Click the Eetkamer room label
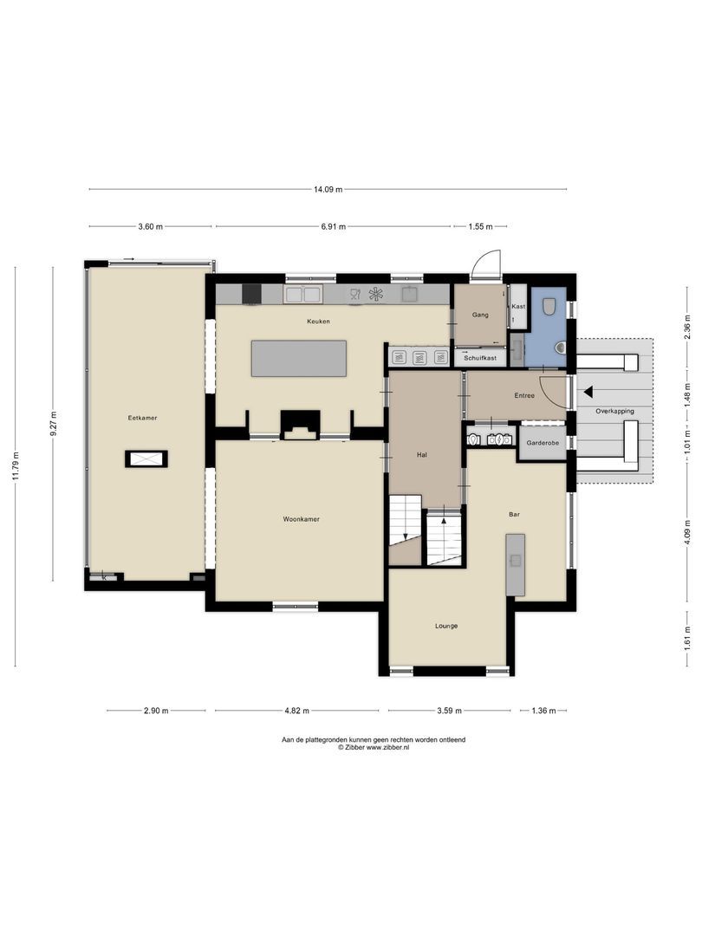point(143,418)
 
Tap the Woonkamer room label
point(301,520)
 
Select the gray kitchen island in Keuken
point(299,358)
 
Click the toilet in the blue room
point(549,306)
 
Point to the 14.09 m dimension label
point(328,189)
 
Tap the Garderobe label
point(542,444)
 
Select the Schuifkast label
point(479,357)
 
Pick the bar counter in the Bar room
point(516,564)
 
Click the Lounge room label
point(446,626)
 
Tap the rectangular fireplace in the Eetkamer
point(146,459)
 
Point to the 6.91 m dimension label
point(333,227)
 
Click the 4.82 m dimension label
point(296,711)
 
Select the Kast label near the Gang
point(518,307)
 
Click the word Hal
point(422,454)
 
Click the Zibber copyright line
point(374,747)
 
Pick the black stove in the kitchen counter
point(250,295)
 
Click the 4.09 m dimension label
point(687,528)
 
